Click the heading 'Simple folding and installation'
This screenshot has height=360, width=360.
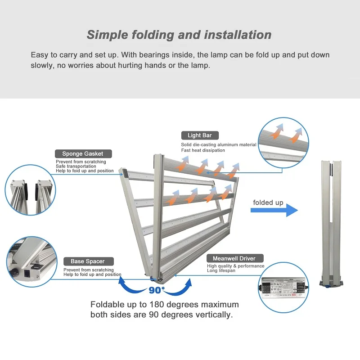(179, 35)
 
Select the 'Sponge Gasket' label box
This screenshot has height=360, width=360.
(82, 153)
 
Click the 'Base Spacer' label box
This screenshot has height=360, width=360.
(88, 261)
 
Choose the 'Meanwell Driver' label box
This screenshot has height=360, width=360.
(234, 258)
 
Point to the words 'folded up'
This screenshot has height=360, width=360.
(268, 202)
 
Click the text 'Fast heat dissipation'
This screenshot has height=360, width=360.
(203, 150)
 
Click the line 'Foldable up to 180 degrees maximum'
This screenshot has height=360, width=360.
(165, 305)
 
